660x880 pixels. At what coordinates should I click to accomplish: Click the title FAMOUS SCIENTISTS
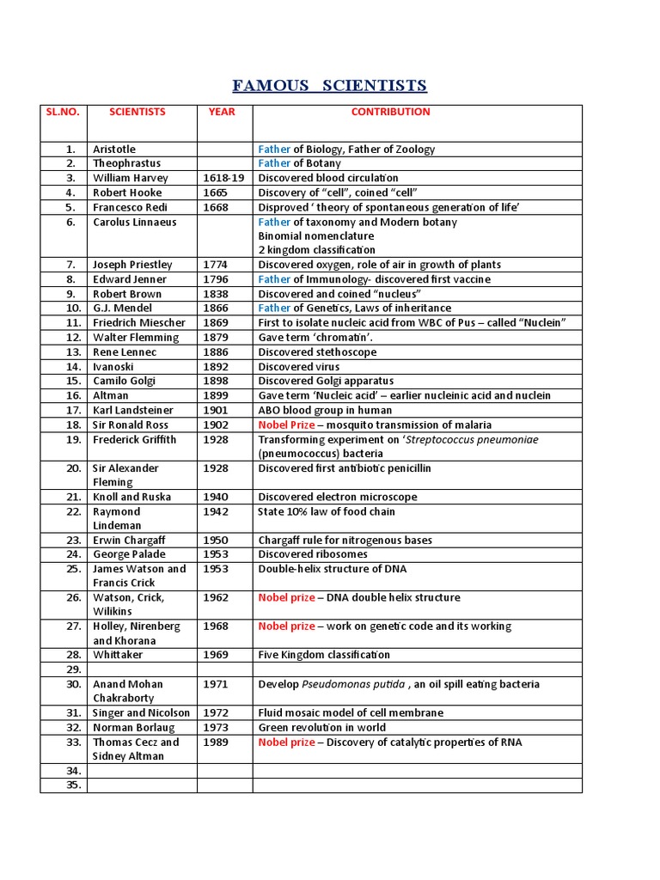(329, 85)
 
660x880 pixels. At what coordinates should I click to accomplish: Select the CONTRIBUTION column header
(390, 112)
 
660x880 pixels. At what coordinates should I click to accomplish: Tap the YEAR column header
(221, 112)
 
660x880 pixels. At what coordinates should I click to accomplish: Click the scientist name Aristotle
(114, 150)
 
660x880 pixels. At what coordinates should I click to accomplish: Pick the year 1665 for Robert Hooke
(216, 192)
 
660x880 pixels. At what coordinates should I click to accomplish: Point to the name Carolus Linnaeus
(135, 222)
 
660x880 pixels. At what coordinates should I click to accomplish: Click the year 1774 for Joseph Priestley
(216, 265)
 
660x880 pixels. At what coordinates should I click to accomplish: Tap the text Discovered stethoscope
(317, 352)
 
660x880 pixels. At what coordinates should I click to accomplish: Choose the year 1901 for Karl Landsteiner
(216, 410)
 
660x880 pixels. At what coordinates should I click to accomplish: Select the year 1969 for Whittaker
(216, 655)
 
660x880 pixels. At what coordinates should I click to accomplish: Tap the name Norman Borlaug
(133, 727)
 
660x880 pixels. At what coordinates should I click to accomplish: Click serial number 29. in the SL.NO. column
(73, 669)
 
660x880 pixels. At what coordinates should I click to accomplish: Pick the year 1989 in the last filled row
(216, 742)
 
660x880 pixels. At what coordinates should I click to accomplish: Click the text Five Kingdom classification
(324, 655)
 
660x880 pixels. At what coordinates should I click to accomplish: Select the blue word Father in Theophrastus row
(274, 163)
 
